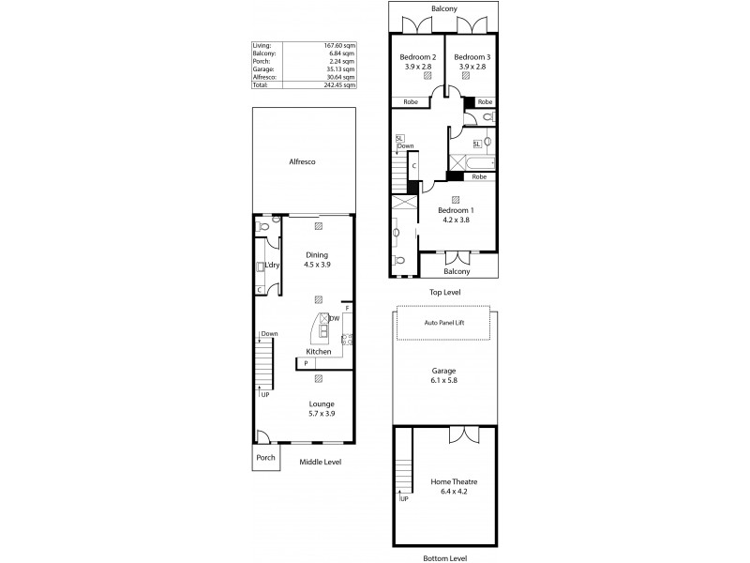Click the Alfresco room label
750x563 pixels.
point(302,162)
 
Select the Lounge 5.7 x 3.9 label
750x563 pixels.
point(322,408)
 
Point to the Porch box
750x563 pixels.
point(265,460)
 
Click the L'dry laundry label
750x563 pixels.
point(273,266)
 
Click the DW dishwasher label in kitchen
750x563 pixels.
point(335,319)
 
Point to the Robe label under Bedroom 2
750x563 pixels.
point(410,101)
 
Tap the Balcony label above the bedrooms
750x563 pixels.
point(443,8)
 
